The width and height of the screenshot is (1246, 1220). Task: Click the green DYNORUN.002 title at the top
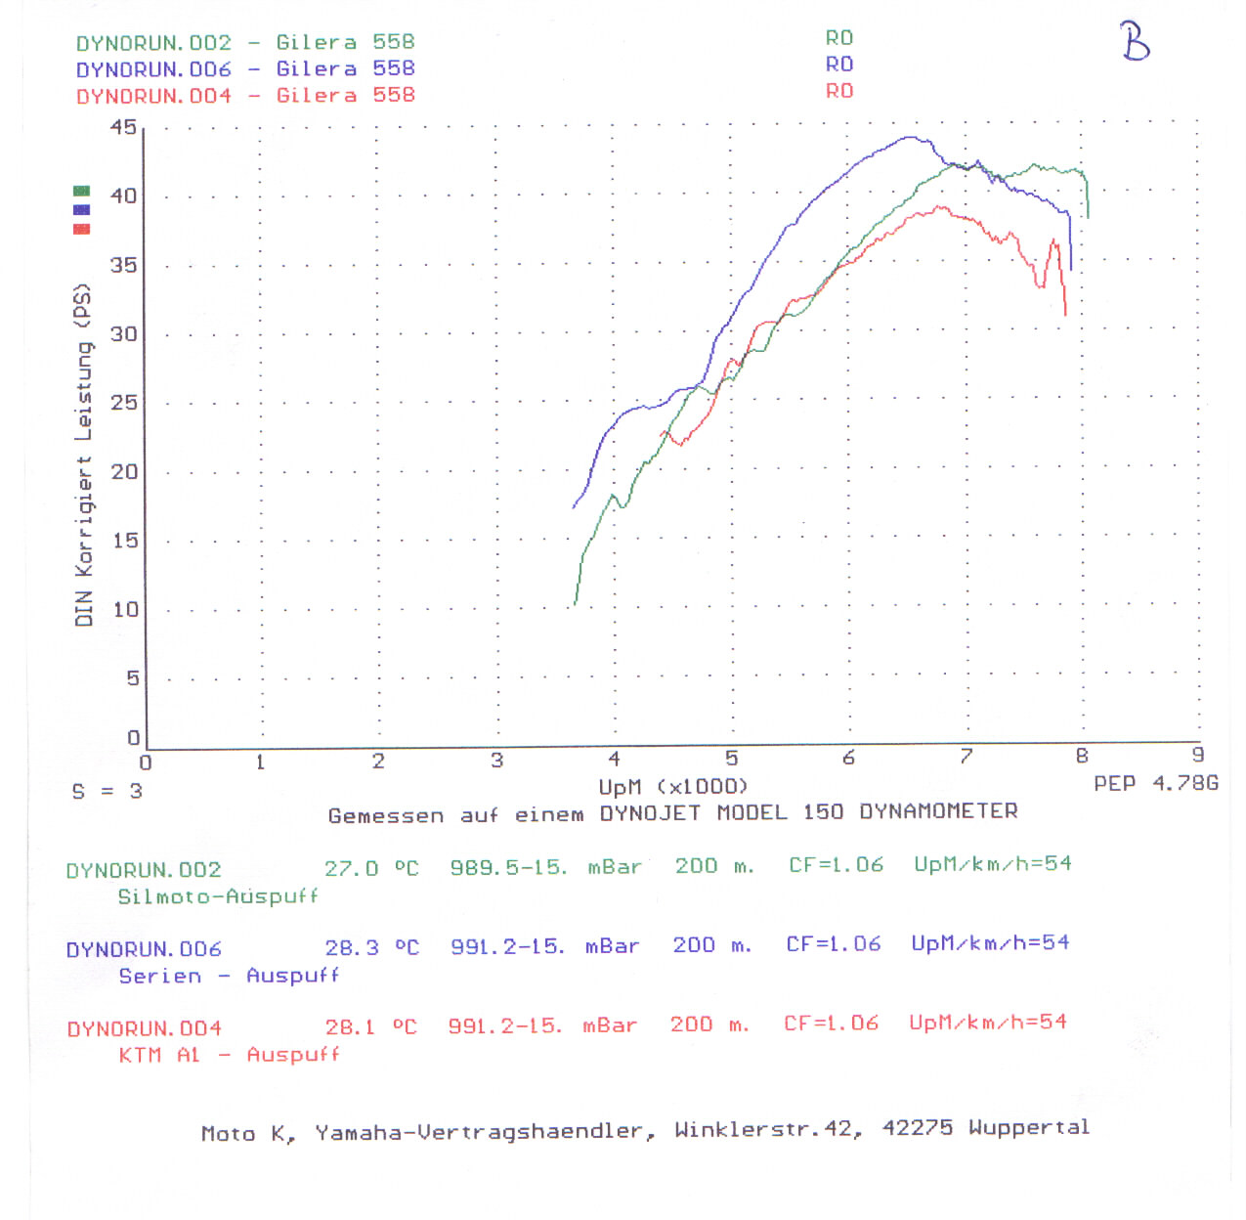153,43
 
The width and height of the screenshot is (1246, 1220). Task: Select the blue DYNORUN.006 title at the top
153,69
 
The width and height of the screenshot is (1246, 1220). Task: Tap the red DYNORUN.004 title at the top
153,96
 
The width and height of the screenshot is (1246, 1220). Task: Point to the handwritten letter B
1135,42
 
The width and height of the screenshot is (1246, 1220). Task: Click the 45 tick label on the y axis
123,127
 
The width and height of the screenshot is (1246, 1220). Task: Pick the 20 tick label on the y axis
123,471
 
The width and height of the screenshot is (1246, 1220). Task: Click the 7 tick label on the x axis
966,756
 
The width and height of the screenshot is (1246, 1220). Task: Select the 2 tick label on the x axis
378,761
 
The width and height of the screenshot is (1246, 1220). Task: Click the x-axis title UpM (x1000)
672,786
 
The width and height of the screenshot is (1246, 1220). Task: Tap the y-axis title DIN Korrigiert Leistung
84,455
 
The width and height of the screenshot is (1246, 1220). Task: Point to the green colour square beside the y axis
82,191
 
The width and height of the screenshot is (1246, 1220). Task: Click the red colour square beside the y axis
82,229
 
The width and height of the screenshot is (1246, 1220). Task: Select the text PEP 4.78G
1155,783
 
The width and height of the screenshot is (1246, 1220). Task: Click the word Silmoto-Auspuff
218,896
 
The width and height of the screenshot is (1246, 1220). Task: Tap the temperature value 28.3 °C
371,947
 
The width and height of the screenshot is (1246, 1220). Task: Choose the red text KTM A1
159,1055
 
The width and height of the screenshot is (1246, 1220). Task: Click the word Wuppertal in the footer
1028,1127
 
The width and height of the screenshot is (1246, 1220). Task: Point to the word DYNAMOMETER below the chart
938,811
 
